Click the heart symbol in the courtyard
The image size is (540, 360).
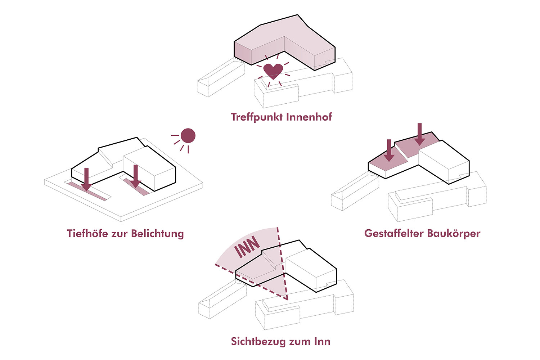click(273, 71)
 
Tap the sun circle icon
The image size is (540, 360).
click(188, 136)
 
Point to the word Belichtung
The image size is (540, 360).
click(157, 234)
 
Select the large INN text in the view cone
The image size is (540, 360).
click(247, 247)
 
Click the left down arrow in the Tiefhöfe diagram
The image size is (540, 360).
click(86, 180)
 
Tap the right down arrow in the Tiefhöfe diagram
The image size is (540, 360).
click(135, 177)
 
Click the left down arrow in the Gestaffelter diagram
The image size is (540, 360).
click(389, 151)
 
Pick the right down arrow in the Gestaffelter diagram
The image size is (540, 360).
click(419, 135)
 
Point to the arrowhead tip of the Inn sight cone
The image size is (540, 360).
click(287, 299)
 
